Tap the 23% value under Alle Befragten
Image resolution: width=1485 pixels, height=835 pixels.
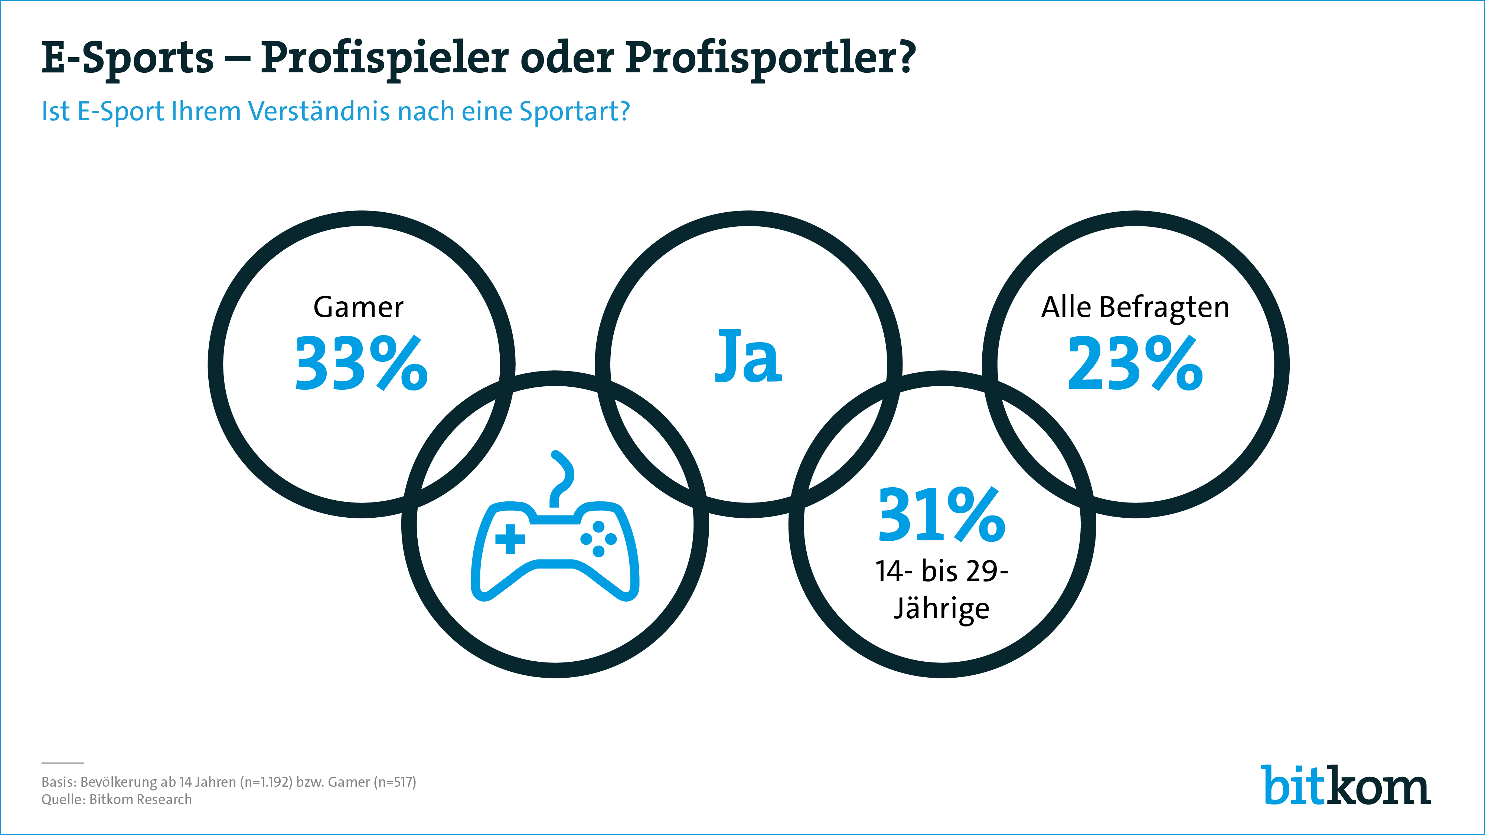click(x=1135, y=364)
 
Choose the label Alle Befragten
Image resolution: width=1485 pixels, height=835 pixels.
click(x=1135, y=307)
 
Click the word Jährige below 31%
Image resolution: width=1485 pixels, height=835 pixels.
click(x=941, y=609)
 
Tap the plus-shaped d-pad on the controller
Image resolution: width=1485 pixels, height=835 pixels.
click(x=510, y=539)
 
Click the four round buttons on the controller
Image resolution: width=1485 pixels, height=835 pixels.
click(x=598, y=539)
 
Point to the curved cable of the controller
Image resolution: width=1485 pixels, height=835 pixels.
click(x=561, y=478)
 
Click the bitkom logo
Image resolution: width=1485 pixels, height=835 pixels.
click(x=1345, y=785)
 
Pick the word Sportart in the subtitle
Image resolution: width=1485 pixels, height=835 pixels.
click(x=574, y=111)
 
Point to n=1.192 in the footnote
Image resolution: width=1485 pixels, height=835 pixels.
click(x=269, y=782)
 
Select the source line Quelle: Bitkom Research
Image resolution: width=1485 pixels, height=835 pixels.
click(x=117, y=800)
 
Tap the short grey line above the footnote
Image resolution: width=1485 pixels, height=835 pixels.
click(x=62, y=763)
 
